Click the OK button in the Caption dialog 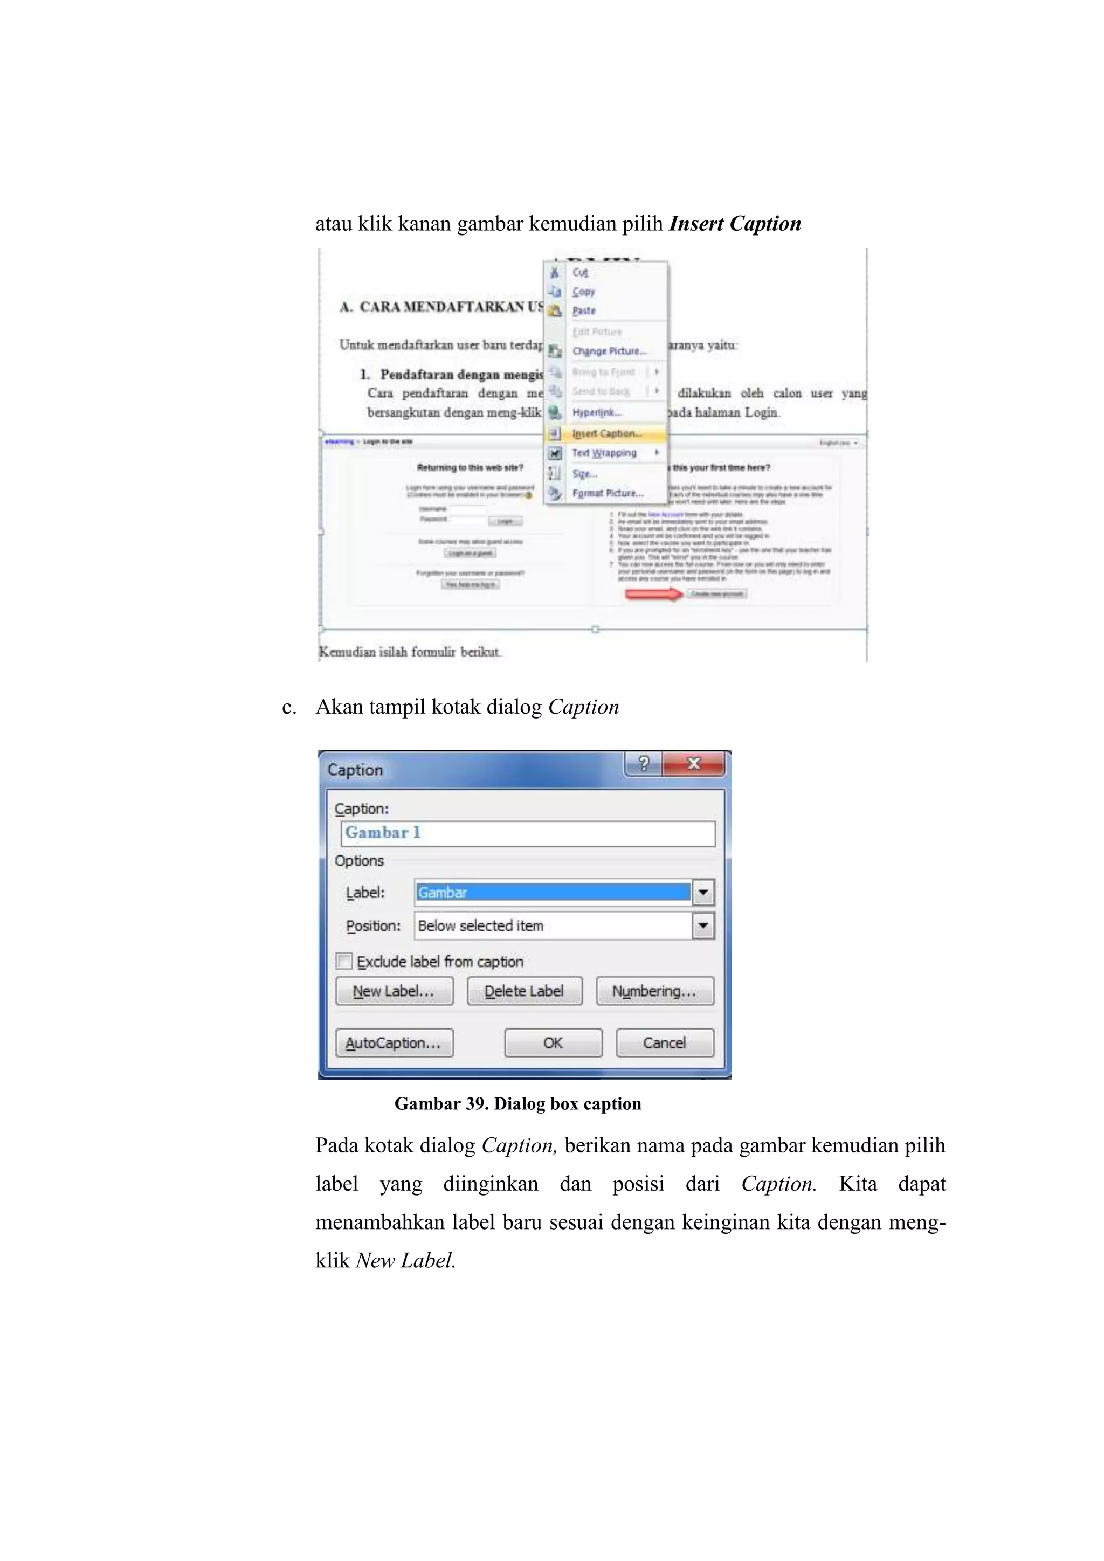click(x=553, y=1042)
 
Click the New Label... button click(x=394, y=991)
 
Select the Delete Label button click(x=524, y=991)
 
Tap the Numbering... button click(x=654, y=991)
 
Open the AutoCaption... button click(x=394, y=1042)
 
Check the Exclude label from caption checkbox click(x=344, y=962)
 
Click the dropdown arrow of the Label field click(x=703, y=892)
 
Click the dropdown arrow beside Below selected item click(x=703, y=925)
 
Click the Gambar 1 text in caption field click(x=383, y=832)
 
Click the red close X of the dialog click(x=693, y=763)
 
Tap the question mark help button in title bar click(x=644, y=763)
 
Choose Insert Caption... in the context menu click(x=606, y=433)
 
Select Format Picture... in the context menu click(x=607, y=493)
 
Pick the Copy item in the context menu click(x=583, y=291)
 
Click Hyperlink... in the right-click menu click(x=596, y=412)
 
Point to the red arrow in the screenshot click(x=653, y=594)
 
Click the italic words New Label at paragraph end click(x=404, y=1260)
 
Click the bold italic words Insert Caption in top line click(x=734, y=224)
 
